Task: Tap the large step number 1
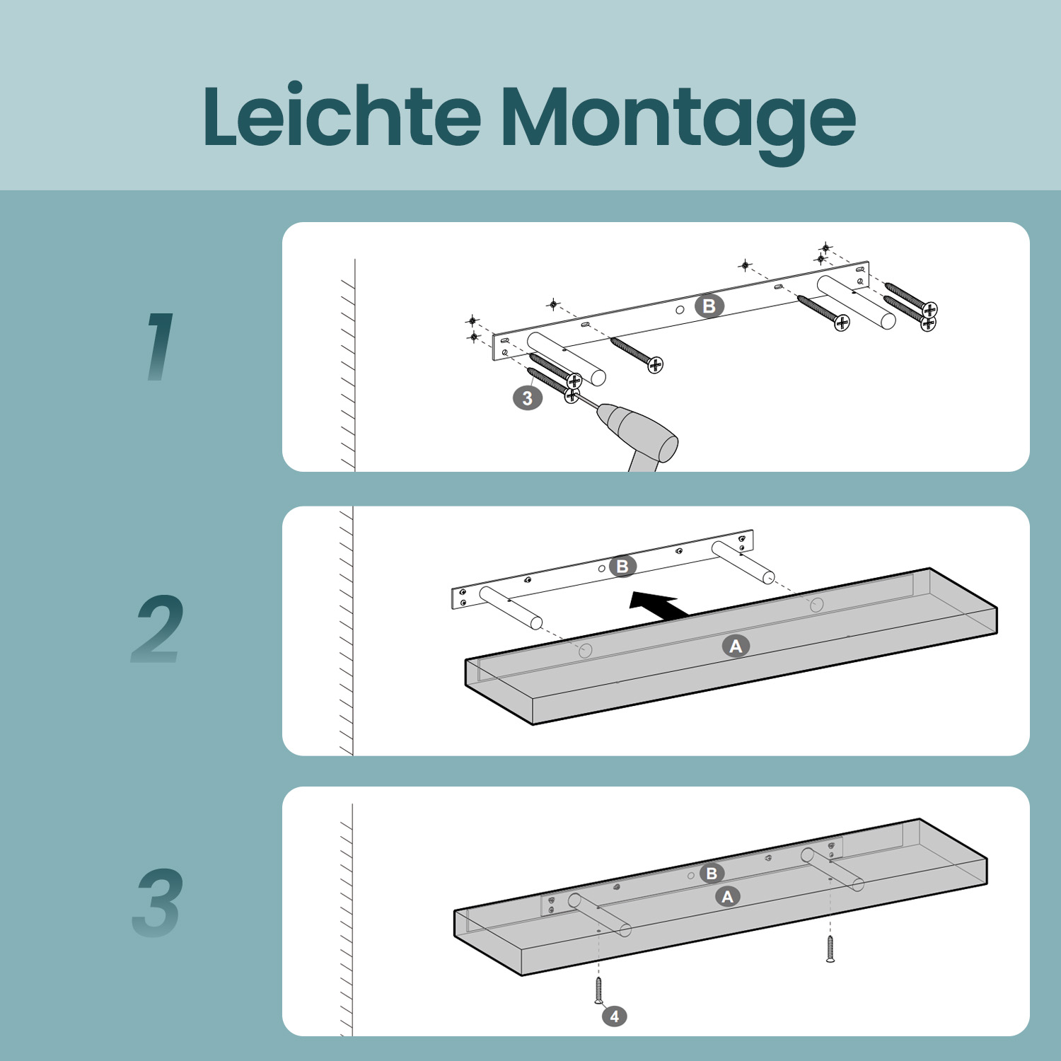coord(161,347)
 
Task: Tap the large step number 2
coord(158,628)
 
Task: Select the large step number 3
coord(158,903)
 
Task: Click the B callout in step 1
coord(709,306)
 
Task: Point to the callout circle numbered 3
coord(528,398)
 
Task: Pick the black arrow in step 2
coord(659,605)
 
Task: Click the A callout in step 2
coord(736,646)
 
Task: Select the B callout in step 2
coord(622,567)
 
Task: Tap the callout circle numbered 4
coord(614,1016)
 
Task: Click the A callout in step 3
coord(727,897)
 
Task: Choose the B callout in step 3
coord(712,874)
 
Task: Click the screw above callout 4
coord(598,990)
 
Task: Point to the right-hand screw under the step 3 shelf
coord(830,948)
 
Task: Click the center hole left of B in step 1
coord(679,310)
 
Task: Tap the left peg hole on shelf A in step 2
coord(585,651)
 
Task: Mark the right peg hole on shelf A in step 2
coord(816,605)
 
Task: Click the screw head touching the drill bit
coord(572,395)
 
